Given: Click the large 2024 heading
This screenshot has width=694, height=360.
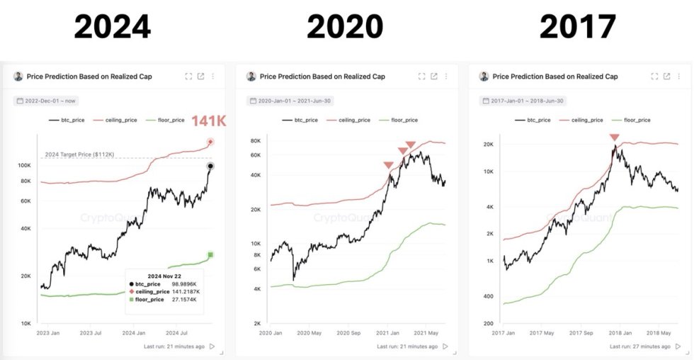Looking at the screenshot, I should pyautogui.click(x=112, y=27).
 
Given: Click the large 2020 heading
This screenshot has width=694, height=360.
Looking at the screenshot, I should pyautogui.click(x=345, y=27).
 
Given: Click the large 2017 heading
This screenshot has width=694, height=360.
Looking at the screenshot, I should pyautogui.click(x=577, y=27).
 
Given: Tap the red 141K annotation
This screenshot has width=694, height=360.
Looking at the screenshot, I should pyautogui.click(x=209, y=122).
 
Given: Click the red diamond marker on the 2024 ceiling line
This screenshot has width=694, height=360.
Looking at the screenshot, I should pyautogui.click(x=210, y=142).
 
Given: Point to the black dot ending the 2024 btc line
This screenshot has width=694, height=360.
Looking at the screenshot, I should pyautogui.click(x=210, y=166).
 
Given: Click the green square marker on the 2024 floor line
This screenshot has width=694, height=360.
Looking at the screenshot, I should pyautogui.click(x=210, y=255).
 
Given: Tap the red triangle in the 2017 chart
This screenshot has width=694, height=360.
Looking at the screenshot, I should pyautogui.click(x=614, y=137).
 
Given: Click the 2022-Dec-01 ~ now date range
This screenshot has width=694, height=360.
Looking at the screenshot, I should pyautogui.click(x=50, y=101).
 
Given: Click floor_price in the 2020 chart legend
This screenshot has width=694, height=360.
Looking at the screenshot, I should pyautogui.click(x=399, y=120).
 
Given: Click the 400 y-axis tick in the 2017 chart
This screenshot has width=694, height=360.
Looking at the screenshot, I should pyautogui.click(x=489, y=296).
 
